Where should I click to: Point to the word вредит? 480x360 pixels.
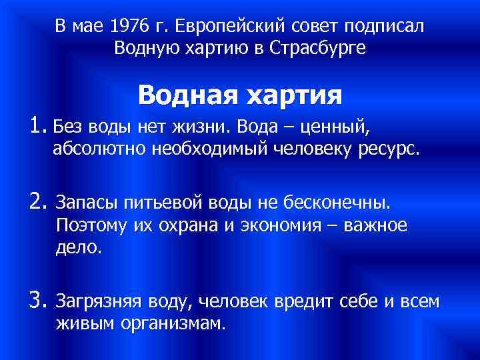301,302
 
